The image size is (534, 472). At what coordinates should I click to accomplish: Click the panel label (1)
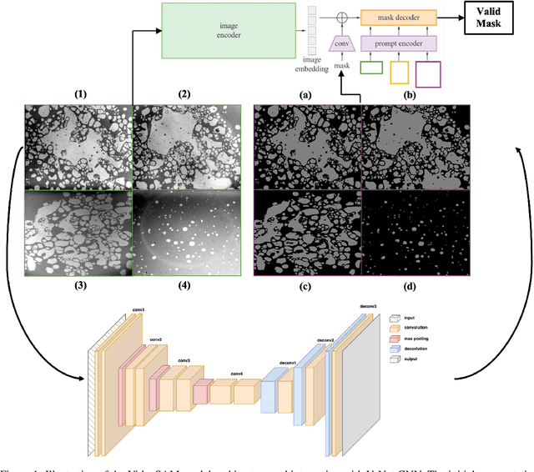tap(81, 94)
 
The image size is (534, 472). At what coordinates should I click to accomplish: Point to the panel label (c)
tap(306, 287)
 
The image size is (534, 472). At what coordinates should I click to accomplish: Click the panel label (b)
tap(412, 94)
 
